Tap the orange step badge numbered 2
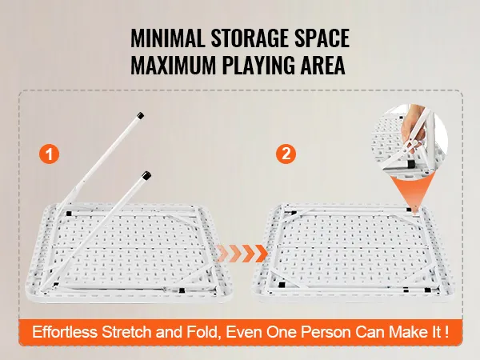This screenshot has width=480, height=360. click(x=285, y=154)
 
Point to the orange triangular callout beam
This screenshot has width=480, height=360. click(x=409, y=193)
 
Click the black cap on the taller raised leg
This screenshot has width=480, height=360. click(x=141, y=116)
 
